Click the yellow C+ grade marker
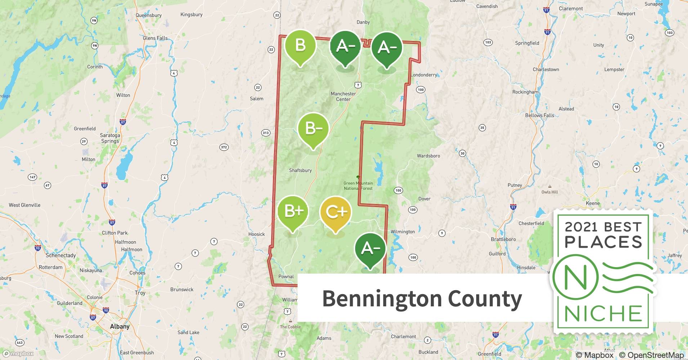[x=335, y=213]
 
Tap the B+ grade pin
[x=294, y=211]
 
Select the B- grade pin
[x=313, y=129]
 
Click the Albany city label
[x=120, y=327]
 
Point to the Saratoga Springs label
[x=110, y=138]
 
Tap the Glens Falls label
[x=155, y=38]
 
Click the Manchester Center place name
[x=343, y=96]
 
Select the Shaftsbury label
[x=300, y=170]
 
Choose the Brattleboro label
[x=503, y=239]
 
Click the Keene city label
[x=593, y=203]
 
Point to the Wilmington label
[x=403, y=231]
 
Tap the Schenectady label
[x=61, y=255]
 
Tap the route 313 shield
[x=265, y=133]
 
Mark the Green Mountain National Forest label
[x=358, y=186]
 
